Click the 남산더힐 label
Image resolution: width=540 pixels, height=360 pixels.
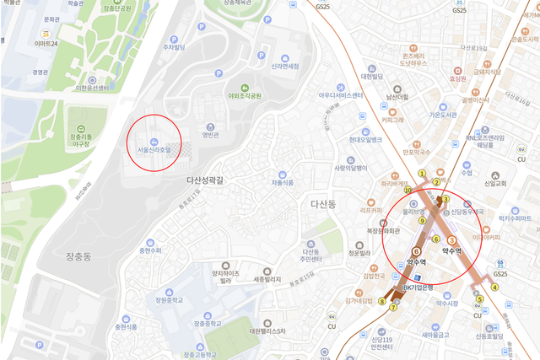397,98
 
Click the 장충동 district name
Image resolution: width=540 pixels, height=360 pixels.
84,254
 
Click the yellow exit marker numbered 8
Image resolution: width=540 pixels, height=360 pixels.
381,301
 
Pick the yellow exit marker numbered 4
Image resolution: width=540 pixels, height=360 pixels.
496,287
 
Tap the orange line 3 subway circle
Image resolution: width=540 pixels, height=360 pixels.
451,240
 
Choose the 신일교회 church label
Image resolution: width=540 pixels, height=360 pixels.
495,183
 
